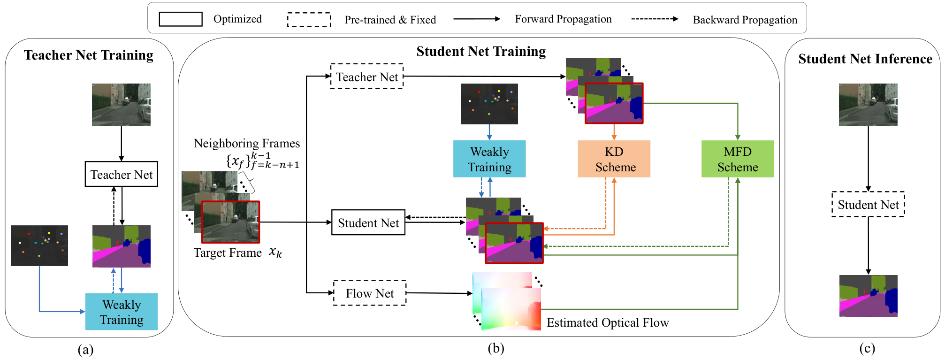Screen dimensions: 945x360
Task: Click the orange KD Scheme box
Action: point(614,159)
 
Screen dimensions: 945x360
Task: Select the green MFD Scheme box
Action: point(738,159)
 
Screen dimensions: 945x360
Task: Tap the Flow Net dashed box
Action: point(370,293)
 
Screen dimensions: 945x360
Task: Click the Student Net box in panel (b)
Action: point(368,222)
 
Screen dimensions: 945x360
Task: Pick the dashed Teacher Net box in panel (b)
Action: point(367,76)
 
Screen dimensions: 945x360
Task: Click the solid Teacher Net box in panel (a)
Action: point(122,174)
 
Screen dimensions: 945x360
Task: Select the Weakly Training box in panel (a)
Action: point(122,312)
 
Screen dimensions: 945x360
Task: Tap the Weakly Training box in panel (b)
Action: point(489,159)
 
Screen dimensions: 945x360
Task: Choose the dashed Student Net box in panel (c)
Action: point(868,204)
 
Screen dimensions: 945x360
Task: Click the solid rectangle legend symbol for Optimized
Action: point(181,19)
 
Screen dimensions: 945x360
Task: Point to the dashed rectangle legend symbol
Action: point(309,20)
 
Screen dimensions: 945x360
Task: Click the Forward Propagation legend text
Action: point(563,19)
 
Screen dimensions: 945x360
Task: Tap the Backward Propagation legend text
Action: point(745,20)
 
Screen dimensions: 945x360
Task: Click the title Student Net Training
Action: point(481,51)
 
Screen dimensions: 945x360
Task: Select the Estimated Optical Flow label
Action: point(608,322)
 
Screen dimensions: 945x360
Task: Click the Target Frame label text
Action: point(228,253)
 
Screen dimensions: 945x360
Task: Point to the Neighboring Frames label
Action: point(247,143)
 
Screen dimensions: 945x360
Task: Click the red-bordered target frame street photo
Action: point(230,222)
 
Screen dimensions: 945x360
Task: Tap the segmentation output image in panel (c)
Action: point(868,296)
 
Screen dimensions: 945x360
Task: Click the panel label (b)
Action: point(496,348)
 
